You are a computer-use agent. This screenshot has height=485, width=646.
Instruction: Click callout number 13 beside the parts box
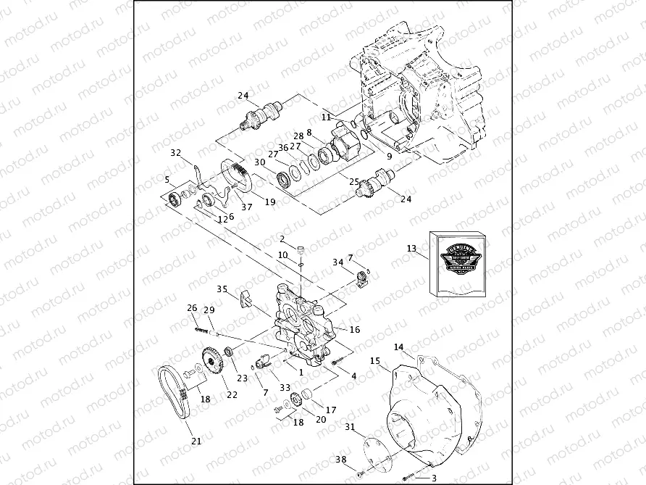(411, 249)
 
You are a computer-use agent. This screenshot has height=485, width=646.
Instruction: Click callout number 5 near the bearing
(167, 179)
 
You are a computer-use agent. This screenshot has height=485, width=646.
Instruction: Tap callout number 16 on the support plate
(355, 329)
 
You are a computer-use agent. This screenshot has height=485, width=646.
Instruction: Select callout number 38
(340, 459)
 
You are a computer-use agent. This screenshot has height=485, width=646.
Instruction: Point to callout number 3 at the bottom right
(434, 478)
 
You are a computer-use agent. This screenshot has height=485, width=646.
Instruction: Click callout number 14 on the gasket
(398, 347)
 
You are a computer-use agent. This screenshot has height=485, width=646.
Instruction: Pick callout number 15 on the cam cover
(374, 360)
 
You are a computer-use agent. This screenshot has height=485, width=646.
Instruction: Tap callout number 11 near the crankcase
(326, 117)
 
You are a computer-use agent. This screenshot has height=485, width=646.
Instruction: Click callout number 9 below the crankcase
(388, 156)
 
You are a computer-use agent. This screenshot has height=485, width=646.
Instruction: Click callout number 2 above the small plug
(282, 239)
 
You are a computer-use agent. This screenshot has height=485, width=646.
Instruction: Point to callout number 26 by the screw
(192, 308)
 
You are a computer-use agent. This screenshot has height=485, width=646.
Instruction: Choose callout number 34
(337, 262)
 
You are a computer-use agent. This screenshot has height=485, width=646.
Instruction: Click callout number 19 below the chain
(269, 202)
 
